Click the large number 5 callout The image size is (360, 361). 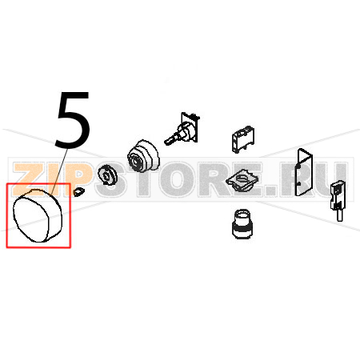point(73,119)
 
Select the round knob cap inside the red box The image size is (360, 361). point(38,215)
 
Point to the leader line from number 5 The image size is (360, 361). point(59,172)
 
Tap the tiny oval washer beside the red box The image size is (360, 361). point(78,192)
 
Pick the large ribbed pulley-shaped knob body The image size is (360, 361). point(143,156)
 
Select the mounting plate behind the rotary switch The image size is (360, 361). point(190,126)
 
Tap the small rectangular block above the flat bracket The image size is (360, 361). point(242,139)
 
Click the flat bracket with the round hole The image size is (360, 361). point(242,180)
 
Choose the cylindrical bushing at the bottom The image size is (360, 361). point(242,224)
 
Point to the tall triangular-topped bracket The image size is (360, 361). point(303,172)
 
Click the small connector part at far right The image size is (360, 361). point(337,195)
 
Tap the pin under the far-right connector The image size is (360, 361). point(339,215)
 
